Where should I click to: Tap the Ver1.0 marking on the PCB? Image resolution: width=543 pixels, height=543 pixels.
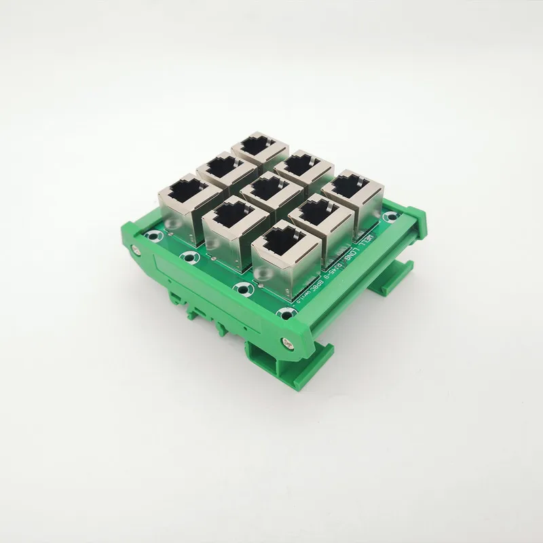coord(299,299)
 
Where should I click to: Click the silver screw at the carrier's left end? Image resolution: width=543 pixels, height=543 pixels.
coord(136,250)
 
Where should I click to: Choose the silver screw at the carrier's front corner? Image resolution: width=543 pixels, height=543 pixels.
coord(291,343)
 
